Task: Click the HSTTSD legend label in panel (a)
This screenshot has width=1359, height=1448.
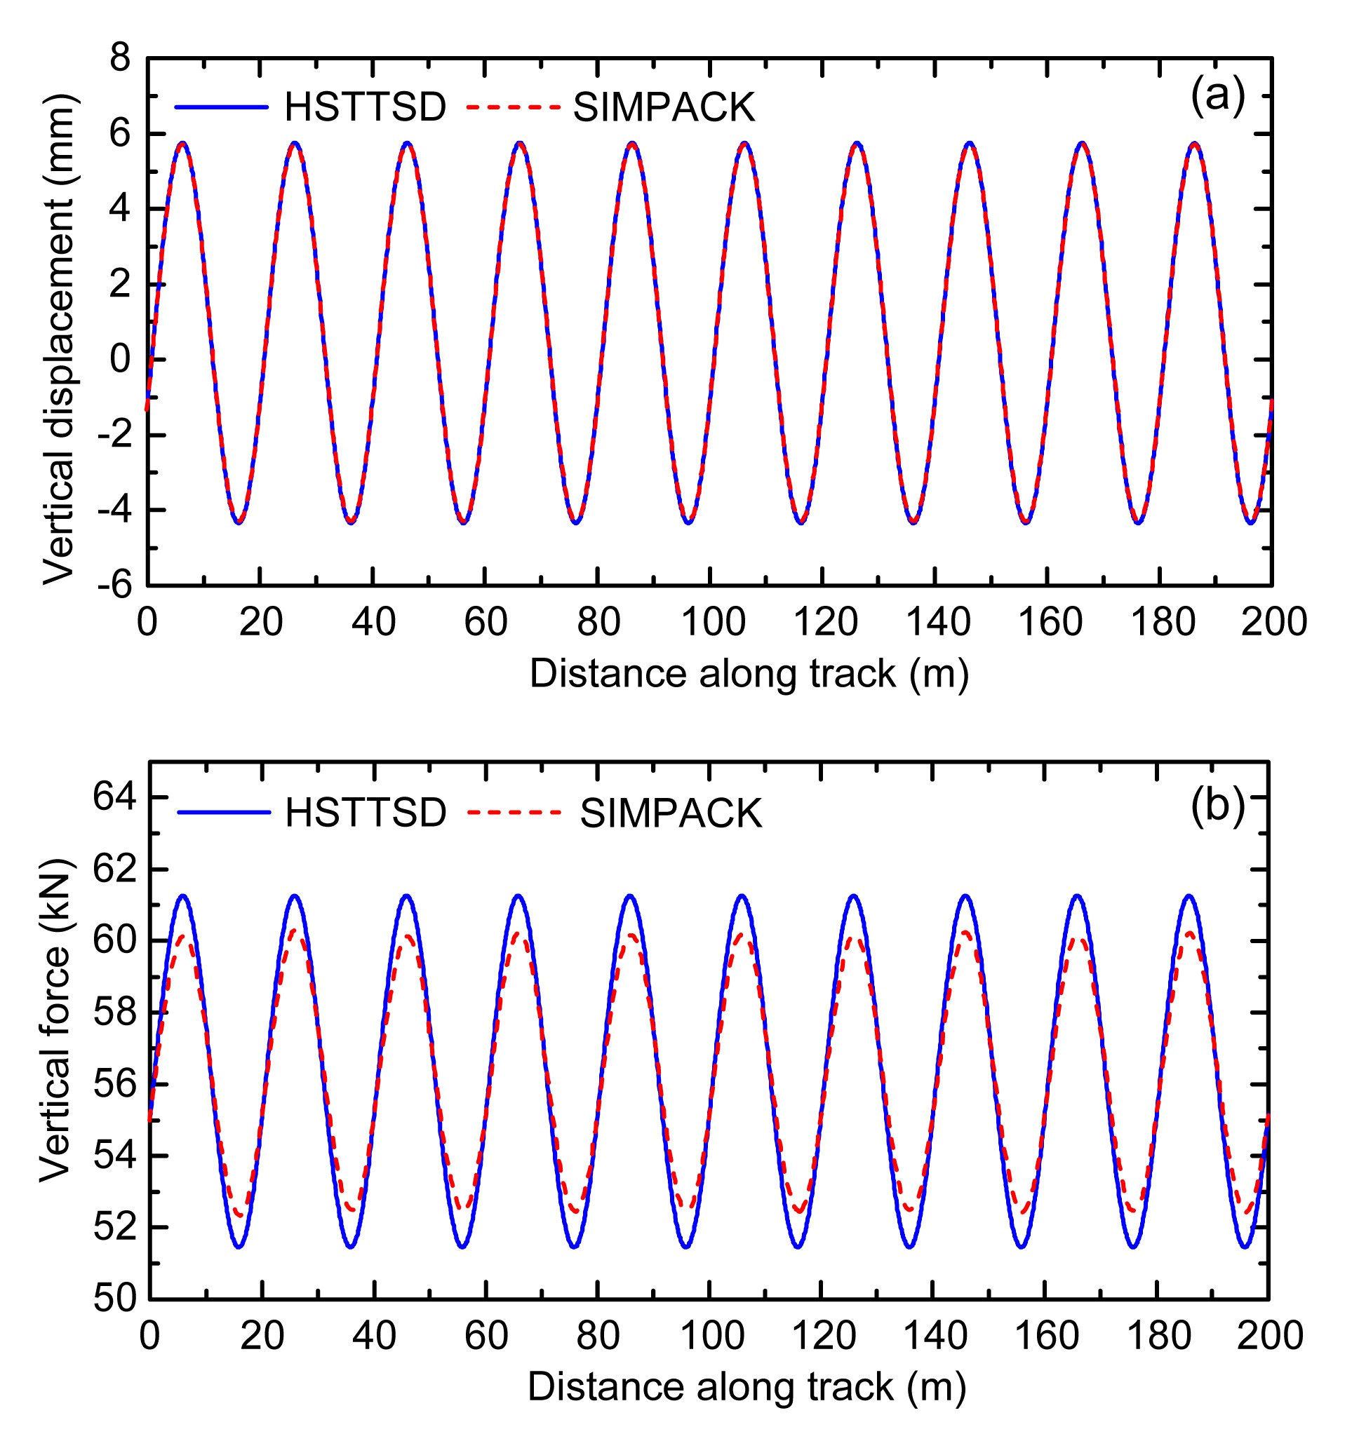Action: tap(365, 107)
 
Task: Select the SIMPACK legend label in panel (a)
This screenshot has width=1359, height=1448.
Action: tap(664, 107)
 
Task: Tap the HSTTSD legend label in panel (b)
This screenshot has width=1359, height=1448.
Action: tap(366, 812)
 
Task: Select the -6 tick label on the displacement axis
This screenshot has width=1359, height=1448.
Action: tap(115, 584)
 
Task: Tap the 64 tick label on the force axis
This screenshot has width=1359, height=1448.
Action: tap(114, 797)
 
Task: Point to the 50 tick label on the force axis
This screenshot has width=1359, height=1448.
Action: tap(114, 1298)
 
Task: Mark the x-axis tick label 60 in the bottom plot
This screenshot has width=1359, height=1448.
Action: tap(486, 1336)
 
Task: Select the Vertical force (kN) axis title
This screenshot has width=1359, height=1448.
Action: tap(55, 1020)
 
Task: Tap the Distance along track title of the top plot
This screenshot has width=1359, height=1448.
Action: tap(749, 673)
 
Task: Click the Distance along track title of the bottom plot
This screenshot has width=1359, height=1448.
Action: tap(747, 1386)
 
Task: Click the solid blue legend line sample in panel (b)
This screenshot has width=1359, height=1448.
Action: tap(224, 812)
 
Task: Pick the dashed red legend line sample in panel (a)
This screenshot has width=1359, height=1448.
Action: tap(513, 107)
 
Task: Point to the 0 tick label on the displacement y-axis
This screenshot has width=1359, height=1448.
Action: tap(120, 359)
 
